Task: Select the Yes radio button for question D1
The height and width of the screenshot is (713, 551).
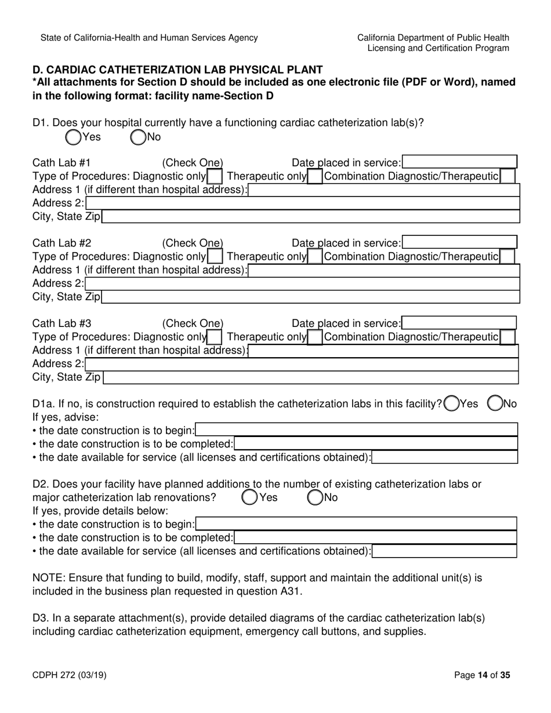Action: coord(73,137)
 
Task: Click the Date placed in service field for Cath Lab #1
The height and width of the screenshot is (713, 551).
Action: coord(459,163)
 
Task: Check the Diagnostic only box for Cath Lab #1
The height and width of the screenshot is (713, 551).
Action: coord(214,176)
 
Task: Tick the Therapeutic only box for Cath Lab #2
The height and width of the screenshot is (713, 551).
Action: coord(315,256)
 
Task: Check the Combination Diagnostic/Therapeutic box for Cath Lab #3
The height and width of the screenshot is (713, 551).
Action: coord(507,337)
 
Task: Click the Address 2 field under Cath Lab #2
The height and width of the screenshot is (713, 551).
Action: coord(302,283)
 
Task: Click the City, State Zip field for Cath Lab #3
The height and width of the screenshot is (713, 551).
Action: coord(310,377)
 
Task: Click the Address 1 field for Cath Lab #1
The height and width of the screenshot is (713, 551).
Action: coord(383,190)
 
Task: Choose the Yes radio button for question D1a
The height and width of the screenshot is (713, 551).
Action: coord(451,403)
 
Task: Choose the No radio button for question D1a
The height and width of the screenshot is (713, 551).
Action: coord(495,403)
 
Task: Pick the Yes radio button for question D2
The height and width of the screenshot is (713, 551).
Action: coord(249,497)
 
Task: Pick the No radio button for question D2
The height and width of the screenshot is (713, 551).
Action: coord(315,497)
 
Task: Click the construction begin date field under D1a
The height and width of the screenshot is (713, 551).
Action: coord(357,430)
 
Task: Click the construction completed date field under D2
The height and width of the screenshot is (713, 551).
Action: coord(375,537)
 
